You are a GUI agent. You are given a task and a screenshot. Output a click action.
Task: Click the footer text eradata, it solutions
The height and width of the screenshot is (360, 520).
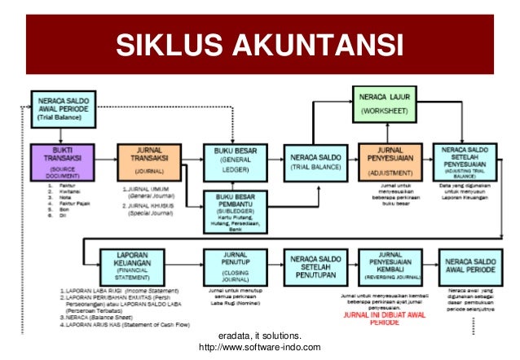coord(260,336)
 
